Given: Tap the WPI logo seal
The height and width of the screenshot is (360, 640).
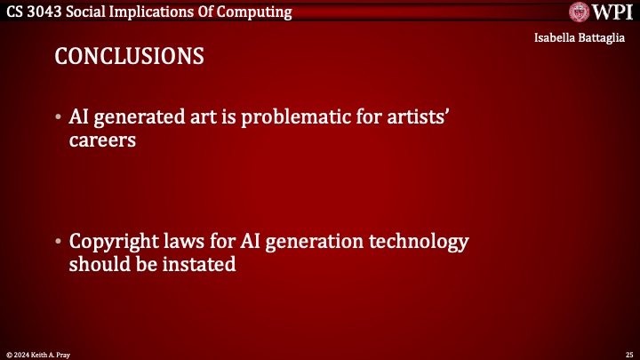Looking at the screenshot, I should click(x=579, y=12).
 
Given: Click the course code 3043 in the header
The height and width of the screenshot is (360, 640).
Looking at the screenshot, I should click(x=49, y=12).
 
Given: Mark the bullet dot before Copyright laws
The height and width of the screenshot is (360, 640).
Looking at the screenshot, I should click(x=58, y=243).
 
